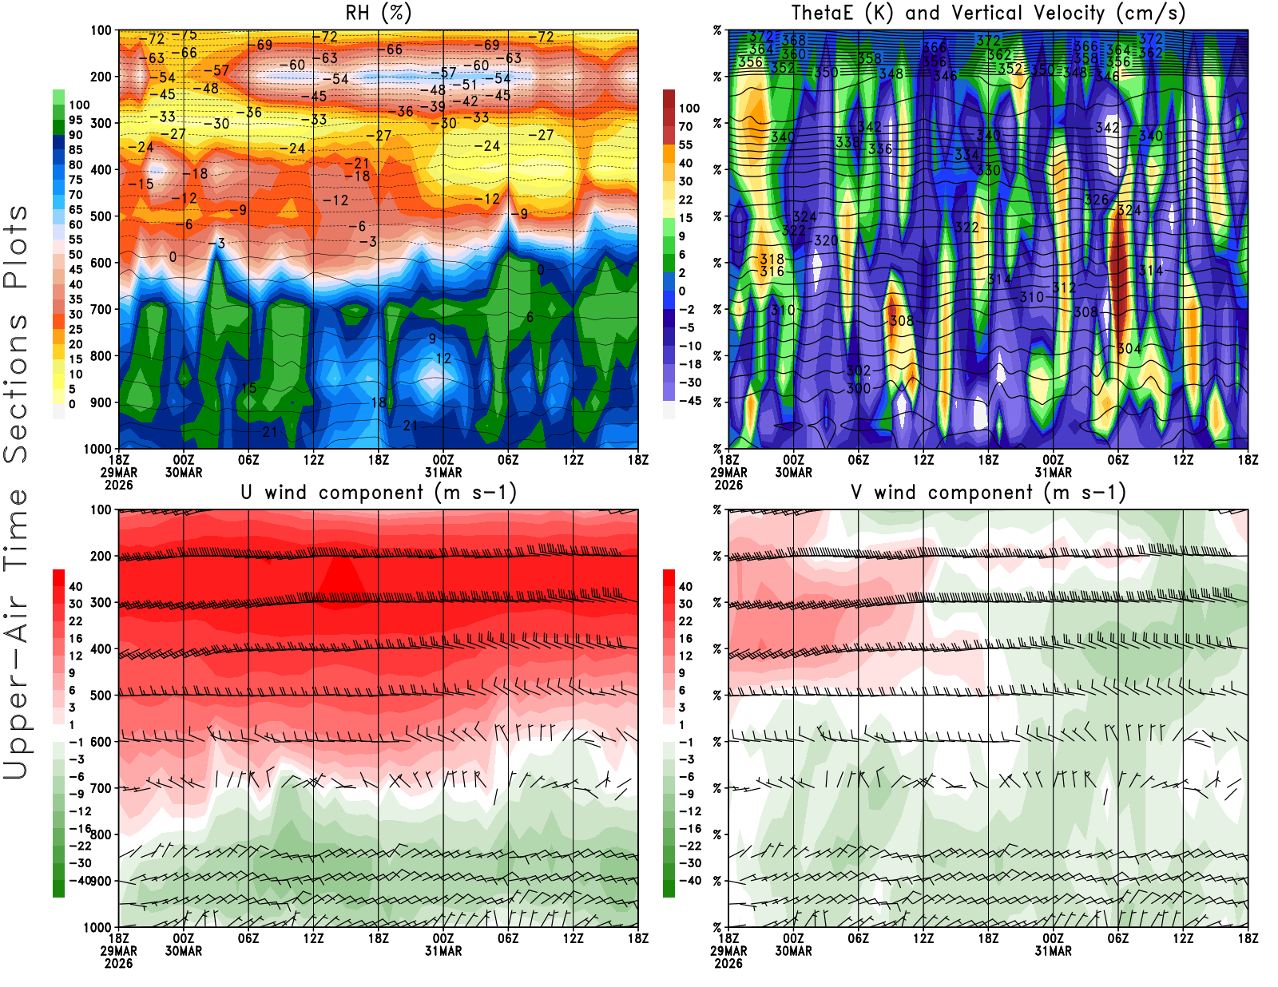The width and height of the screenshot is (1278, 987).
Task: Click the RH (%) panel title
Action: click(379, 14)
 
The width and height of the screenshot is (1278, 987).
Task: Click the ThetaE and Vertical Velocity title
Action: click(988, 14)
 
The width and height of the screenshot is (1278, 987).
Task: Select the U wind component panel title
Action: click(379, 493)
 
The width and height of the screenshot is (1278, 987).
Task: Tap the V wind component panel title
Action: click(988, 493)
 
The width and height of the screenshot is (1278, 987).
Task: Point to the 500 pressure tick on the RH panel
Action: click(101, 216)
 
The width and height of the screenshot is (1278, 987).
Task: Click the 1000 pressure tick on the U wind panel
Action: click(97, 928)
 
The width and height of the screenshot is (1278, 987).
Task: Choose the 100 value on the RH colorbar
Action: click(79, 105)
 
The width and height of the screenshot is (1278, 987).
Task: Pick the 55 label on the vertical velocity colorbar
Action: click(685, 145)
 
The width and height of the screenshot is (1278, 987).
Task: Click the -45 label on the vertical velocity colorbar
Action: click(689, 401)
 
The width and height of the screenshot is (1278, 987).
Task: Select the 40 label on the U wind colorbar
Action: click(76, 587)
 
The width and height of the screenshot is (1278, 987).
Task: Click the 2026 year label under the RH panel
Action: click(118, 486)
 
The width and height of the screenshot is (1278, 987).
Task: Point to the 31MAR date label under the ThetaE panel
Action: click(1053, 473)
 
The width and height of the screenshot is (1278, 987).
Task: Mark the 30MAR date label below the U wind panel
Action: click(184, 951)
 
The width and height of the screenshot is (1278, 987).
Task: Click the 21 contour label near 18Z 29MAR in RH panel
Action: click(270, 432)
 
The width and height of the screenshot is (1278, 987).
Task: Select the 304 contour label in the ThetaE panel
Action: click(1129, 349)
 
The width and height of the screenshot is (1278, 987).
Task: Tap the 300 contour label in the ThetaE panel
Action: click(859, 389)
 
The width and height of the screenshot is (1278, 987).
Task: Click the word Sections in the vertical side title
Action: click(16, 388)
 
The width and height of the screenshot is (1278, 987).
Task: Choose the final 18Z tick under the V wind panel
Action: click(1248, 939)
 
